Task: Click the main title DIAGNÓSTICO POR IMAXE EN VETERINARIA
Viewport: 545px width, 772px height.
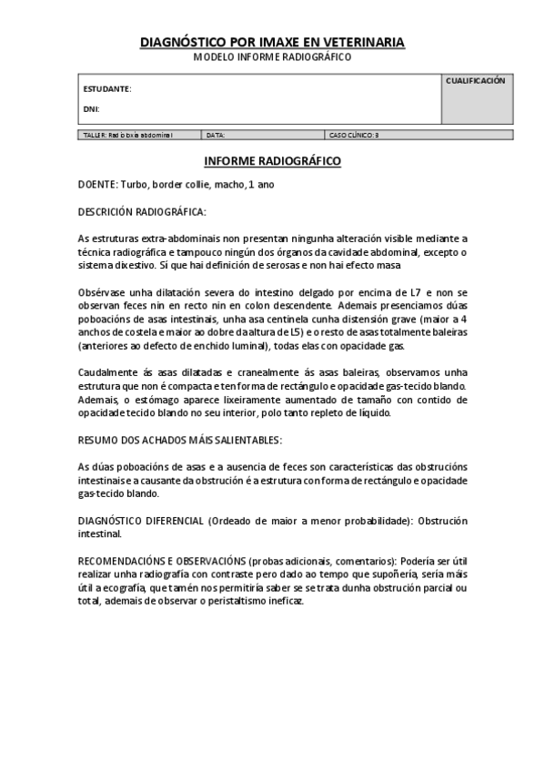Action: [272, 43]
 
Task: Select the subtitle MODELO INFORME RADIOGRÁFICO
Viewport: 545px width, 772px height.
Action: [272, 56]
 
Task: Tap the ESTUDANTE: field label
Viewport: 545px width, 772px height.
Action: [107, 89]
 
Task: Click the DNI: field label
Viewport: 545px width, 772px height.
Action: [91, 109]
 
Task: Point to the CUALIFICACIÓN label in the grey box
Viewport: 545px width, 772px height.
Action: [475, 81]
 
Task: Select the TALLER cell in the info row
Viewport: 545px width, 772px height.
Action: [127, 135]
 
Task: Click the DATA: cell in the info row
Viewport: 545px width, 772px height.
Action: [216, 135]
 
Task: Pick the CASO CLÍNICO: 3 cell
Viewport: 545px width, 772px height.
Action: [353, 135]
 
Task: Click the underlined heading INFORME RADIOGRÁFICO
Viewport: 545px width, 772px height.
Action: [272, 161]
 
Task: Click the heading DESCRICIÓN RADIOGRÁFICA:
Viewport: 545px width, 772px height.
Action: [142, 211]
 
